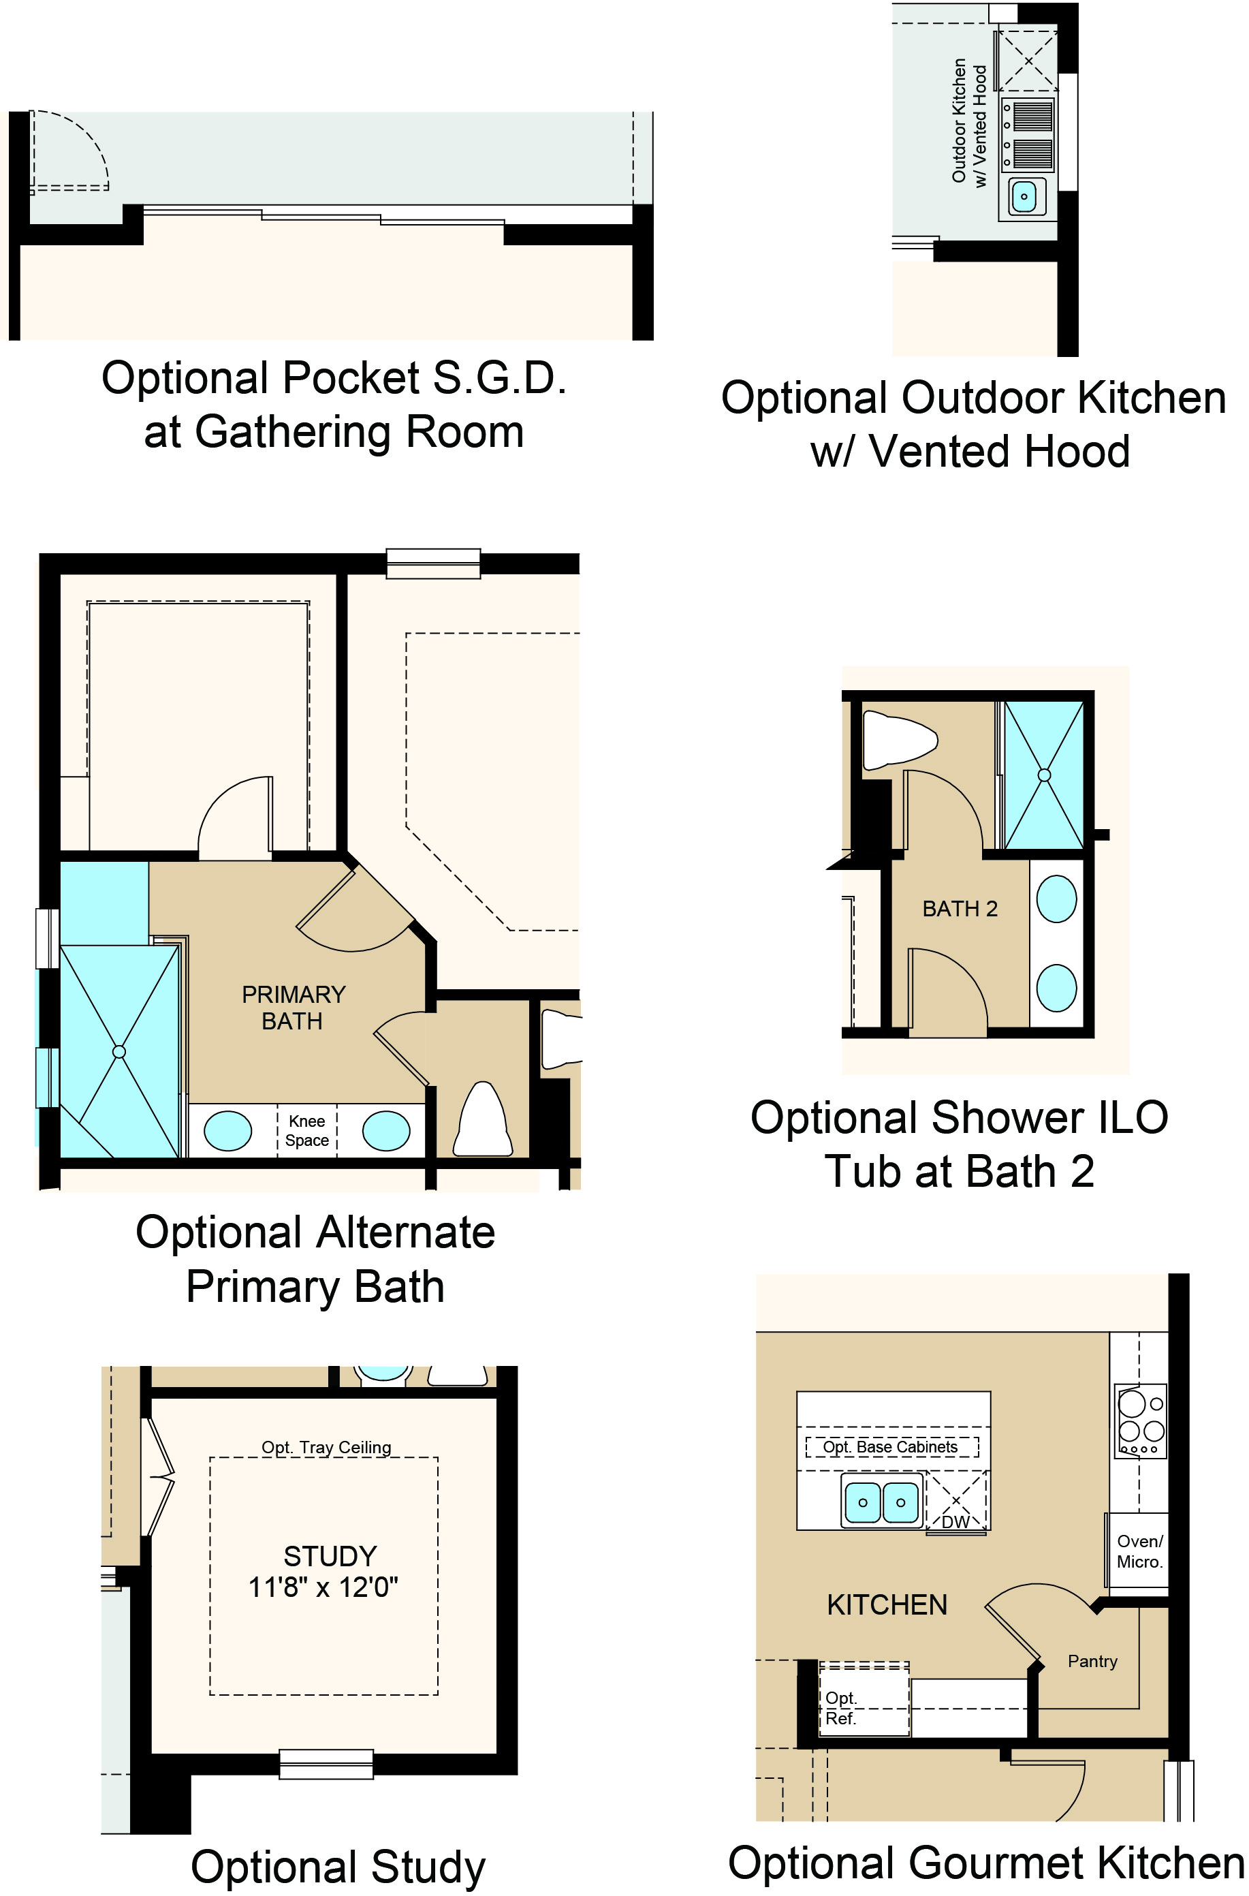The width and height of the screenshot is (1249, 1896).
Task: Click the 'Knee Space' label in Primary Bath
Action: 306,1130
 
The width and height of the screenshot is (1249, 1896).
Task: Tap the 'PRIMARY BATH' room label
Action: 293,1008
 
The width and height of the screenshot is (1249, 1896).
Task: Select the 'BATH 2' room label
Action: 960,909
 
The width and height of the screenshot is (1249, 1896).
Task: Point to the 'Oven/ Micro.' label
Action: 1140,1552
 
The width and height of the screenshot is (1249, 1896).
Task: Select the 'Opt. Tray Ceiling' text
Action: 327,1448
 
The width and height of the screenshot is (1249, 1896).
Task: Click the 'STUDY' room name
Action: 330,1556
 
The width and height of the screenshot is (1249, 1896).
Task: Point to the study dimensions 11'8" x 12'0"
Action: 323,1587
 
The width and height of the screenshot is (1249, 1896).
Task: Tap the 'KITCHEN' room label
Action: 887,1604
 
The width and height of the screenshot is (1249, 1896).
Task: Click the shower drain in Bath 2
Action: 1044,775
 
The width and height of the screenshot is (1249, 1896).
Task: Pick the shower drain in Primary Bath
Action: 119,1053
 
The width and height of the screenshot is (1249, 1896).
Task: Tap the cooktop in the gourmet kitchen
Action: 1141,1423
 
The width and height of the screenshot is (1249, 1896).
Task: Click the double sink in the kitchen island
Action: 882,1502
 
